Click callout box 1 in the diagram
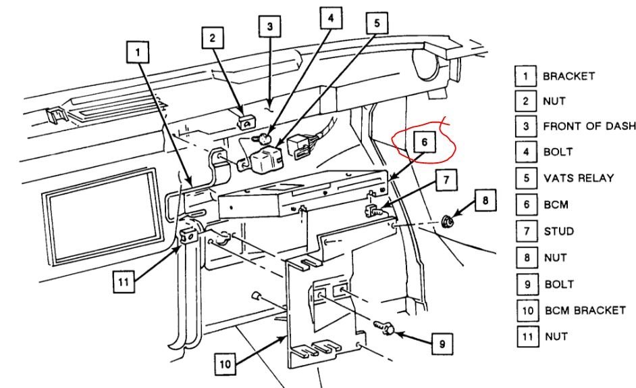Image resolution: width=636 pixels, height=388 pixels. [x=138, y=51]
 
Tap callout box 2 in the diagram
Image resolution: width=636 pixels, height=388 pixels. [x=212, y=39]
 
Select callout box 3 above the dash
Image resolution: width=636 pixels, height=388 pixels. [x=269, y=27]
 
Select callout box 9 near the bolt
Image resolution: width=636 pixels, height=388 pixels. [x=442, y=344]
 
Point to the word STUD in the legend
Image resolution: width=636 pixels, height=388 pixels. [x=558, y=231]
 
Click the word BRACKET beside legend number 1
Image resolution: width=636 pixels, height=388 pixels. [x=568, y=75]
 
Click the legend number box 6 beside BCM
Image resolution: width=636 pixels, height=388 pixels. [x=525, y=205]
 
